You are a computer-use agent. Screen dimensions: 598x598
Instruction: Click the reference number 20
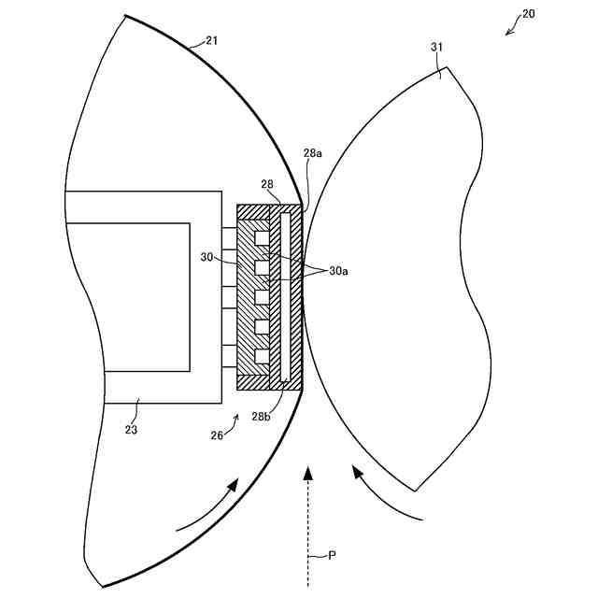click(528, 14)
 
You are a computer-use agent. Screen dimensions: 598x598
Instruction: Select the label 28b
click(262, 416)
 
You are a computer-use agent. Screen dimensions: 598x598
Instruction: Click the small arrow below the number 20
click(511, 30)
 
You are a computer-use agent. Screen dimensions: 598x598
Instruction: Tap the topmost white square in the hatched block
click(262, 240)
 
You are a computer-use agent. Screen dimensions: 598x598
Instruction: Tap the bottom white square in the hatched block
click(262, 356)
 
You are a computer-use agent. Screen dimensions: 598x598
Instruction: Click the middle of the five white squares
click(262, 298)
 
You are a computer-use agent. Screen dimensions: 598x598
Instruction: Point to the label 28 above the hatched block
click(268, 185)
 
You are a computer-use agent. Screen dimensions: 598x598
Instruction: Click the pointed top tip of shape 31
click(448, 67)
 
